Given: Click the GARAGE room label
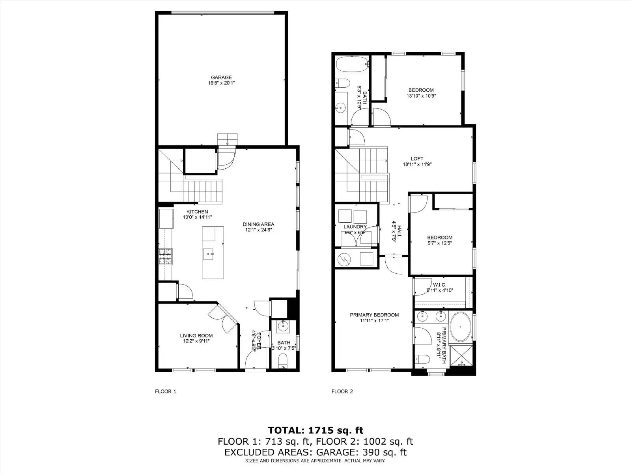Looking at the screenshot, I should click(x=221, y=77).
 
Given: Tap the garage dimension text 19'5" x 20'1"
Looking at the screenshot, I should click(x=221, y=83).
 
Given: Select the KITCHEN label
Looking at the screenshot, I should click(x=197, y=212).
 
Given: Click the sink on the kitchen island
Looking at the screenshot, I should click(x=209, y=253).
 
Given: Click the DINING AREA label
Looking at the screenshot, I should click(x=258, y=224).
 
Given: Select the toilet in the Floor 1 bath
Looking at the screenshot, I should click(x=283, y=360).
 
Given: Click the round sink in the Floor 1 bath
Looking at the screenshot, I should click(x=283, y=326).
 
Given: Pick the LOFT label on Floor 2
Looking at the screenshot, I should click(x=417, y=159).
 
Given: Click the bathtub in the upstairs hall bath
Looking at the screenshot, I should click(x=351, y=64).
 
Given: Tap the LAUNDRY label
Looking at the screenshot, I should click(x=355, y=227).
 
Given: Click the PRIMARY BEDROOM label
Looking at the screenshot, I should click(x=374, y=315).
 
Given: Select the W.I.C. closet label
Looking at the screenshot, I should click(x=439, y=285).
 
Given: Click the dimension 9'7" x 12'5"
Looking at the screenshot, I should click(x=440, y=243).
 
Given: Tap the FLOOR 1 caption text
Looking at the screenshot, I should click(x=165, y=391).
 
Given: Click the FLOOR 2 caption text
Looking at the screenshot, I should click(x=342, y=391).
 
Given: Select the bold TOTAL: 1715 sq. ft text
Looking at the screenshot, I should click(x=315, y=430).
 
